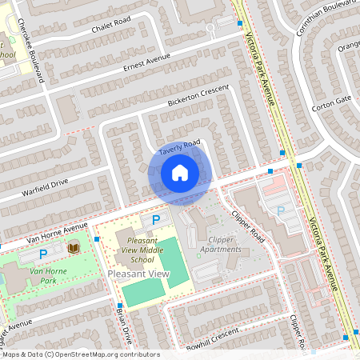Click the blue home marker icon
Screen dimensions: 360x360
(179, 173)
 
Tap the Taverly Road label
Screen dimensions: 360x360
(178, 148)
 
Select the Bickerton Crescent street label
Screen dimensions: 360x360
(198, 95)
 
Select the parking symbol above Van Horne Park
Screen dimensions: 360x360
(43, 254)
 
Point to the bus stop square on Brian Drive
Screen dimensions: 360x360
(118, 306)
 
